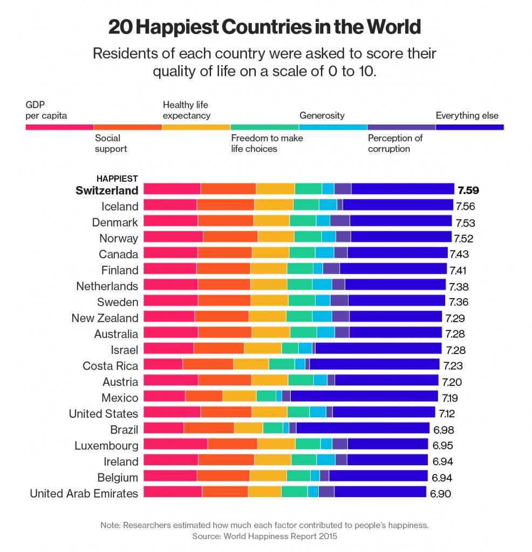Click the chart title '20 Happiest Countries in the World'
pyautogui.click(x=264, y=27)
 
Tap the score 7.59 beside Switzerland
pyautogui.click(x=468, y=190)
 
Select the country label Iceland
pyautogui.click(x=120, y=206)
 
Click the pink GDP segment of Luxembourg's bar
pyautogui.click(x=175, y=445)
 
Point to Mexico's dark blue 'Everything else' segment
pyautogui.click(x=364, y=397)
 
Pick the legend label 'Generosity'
pyautogui.click(x=322, y=115)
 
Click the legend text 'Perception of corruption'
pyautogui.click(x=395, y=143)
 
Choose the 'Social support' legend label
pyautogui.click(x=111, y=143)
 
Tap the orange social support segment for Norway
pyautogui.click(x=230, y=238)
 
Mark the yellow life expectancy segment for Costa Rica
pyautogui.click(x=251, y=365)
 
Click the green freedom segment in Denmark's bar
pyautogui.click(x=303, y=222)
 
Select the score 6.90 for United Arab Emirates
pyautogui.click(x=440, y=493)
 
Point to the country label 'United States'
pyautogui.click(x=104, y=413)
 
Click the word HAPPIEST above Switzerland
pyautogui.click(x=117, y=178)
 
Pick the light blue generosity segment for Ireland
pyautogui.click(x=326, y=461)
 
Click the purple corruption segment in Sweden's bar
pyautogui.click(x=339, y=302)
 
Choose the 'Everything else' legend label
pyautogui.click(x=467, y=115)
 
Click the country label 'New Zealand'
pyautogui.click(x=105, y=318)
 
